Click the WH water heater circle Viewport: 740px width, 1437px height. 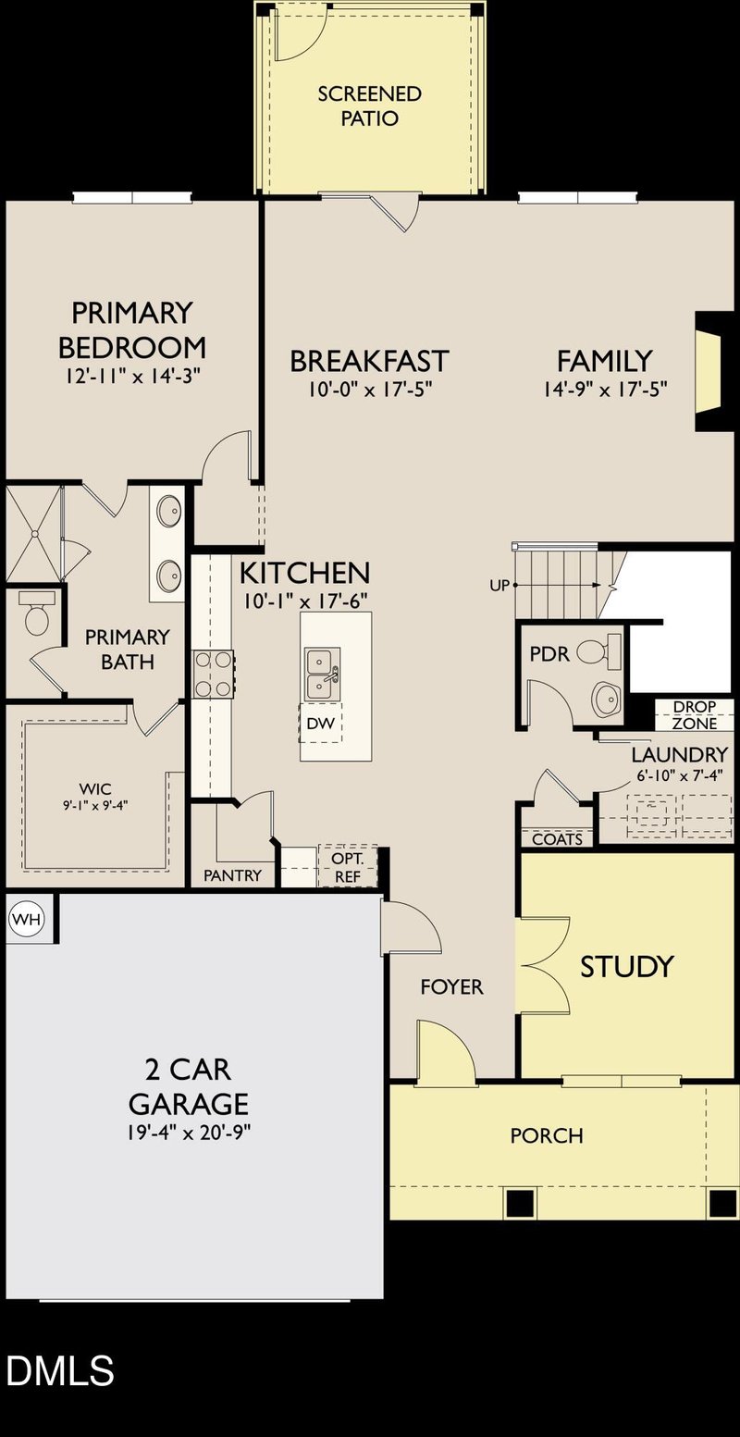click(x=26, y=920)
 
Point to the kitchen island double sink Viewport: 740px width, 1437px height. click(x=320, y=674)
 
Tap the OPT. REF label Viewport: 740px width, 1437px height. click(x=349, y=866)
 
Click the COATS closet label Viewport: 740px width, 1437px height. click(x=558, y=839)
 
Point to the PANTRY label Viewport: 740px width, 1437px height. click(x=233, y=875)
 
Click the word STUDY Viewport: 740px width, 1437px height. click(x=627, y=967)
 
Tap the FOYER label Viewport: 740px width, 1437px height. click(x=451, y=987)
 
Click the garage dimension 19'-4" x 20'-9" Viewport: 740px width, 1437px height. click(x=188, y=1132)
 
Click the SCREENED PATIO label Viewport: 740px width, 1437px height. click(x=370, y=106)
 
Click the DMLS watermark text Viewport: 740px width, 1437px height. click(x=60, y=1370)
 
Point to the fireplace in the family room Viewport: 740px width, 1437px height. click(x=709, y=370)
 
